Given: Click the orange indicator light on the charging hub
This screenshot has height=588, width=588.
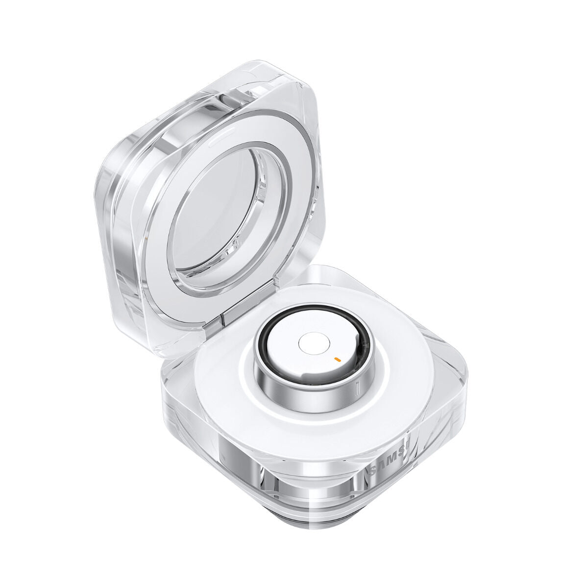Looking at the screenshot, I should (x=337, y=359).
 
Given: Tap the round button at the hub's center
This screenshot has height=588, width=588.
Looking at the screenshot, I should (x=312, y=345).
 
